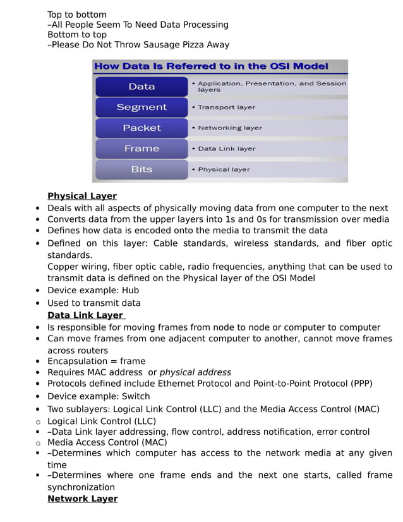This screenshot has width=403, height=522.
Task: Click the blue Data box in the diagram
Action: pos(141,87)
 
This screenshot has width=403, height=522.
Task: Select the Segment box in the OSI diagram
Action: pos(141,107)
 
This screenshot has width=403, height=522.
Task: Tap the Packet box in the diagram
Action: pos(141,128)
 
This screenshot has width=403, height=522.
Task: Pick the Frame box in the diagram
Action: pos(141,149)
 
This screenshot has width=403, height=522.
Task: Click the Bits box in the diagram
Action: pos(141,169)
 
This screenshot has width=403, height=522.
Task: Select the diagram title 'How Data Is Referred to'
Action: pos(210,66)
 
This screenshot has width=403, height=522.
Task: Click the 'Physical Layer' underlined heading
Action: pos(82,196)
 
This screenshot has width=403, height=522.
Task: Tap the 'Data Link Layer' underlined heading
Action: pos(85,315)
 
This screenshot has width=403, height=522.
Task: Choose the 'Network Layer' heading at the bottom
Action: pos(82,499)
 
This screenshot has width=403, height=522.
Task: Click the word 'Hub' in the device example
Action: pos(131,291)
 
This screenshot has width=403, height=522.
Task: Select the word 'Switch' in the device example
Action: pos(136,396)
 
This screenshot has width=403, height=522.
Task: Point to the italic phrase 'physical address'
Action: pos(195,372)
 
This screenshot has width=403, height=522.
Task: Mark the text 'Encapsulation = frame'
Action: pos(96,361)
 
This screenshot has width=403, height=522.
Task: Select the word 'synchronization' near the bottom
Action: pos(81,487)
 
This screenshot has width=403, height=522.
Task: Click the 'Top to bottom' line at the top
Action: pos(77,15)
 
